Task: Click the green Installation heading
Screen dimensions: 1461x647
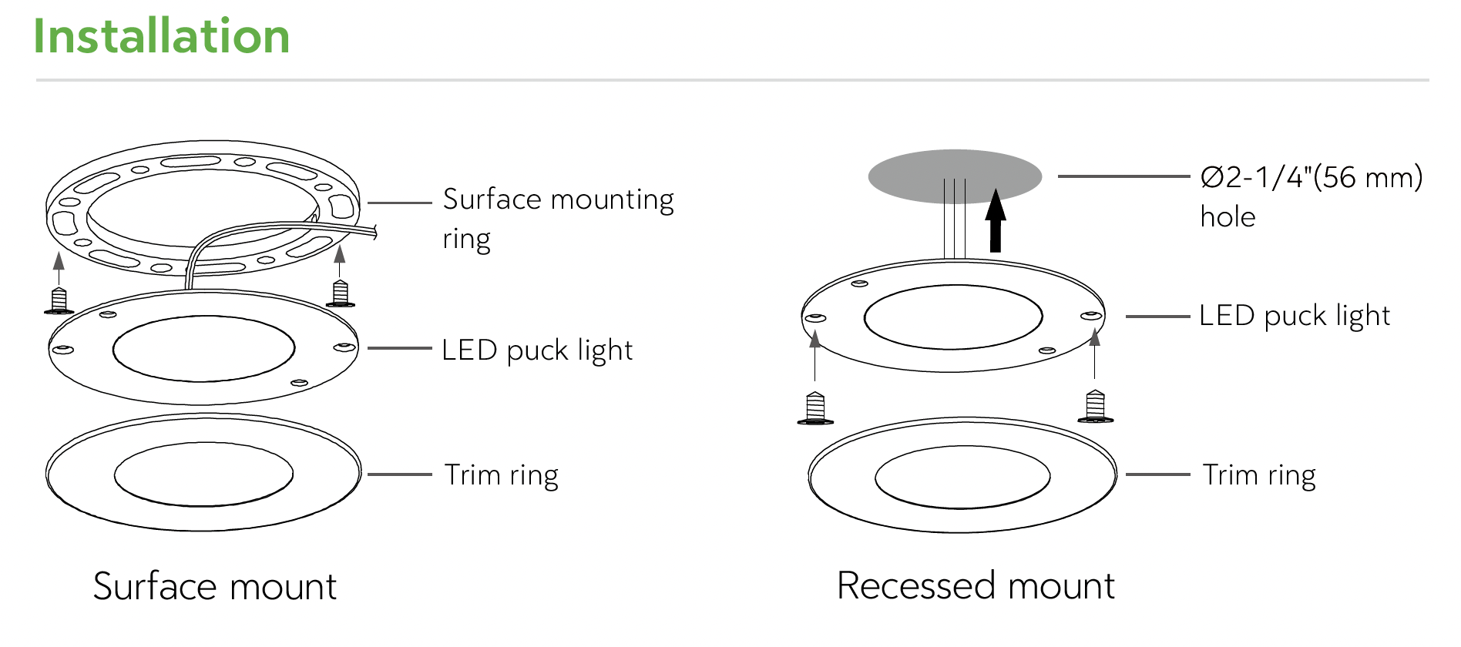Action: click(162, 36)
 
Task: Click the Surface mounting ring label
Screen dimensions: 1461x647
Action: click(558, 219)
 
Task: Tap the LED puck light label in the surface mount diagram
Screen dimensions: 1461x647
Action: click(537, 350)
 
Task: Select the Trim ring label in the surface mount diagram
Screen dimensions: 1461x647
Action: click(501, 475)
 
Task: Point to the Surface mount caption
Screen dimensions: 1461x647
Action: click(215, 586)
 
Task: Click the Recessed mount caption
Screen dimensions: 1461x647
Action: click(976, 585)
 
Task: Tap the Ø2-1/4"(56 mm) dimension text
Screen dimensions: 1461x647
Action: click(1312, 177)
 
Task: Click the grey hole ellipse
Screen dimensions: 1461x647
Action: click(955, 176)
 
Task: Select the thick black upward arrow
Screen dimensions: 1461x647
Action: click(996, 221)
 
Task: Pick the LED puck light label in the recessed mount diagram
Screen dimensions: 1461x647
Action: click(1295, 316)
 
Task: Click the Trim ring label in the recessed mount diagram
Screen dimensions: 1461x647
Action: click(1259, 475)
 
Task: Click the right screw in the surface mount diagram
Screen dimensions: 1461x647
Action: click(340, 294)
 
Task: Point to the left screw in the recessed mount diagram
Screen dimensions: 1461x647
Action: click(815, 408)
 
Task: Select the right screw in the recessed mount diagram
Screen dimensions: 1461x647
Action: click(1095, 407)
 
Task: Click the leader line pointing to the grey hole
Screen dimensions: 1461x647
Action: click(1123, 176)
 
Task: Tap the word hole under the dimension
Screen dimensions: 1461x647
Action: click(1228, 217)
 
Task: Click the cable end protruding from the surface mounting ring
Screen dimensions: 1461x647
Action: click(373, 232)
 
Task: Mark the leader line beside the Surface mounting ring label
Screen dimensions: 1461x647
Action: click(399, 203)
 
